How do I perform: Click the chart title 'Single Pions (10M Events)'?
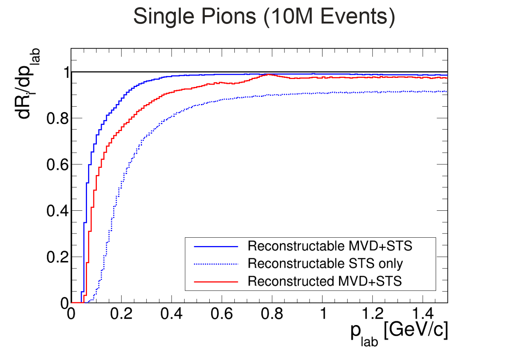coord(264,17)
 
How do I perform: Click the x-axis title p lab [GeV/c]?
coord(399,332)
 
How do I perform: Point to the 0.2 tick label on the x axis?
coord(121,314)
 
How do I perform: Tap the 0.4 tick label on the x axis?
coord(172,314)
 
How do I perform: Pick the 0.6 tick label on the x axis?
coord(222,314)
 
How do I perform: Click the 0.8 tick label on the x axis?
coord(272,314)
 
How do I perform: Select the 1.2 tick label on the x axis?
coord(373,314)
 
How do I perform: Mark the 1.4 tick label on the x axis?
coord(423,314)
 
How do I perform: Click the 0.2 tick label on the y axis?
coord(57,257)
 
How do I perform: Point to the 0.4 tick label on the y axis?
coord(57,211)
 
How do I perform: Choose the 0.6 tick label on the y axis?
coord(57,164)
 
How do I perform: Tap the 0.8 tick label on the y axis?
coord(57,118)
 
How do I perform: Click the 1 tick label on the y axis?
coord(66,72)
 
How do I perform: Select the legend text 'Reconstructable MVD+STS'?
coord(330,246)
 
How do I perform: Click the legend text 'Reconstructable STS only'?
coord(325,264)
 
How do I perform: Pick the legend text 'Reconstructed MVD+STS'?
coord(324,281)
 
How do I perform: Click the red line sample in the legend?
coord(216,281)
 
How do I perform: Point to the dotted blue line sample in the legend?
coord(216,264)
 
